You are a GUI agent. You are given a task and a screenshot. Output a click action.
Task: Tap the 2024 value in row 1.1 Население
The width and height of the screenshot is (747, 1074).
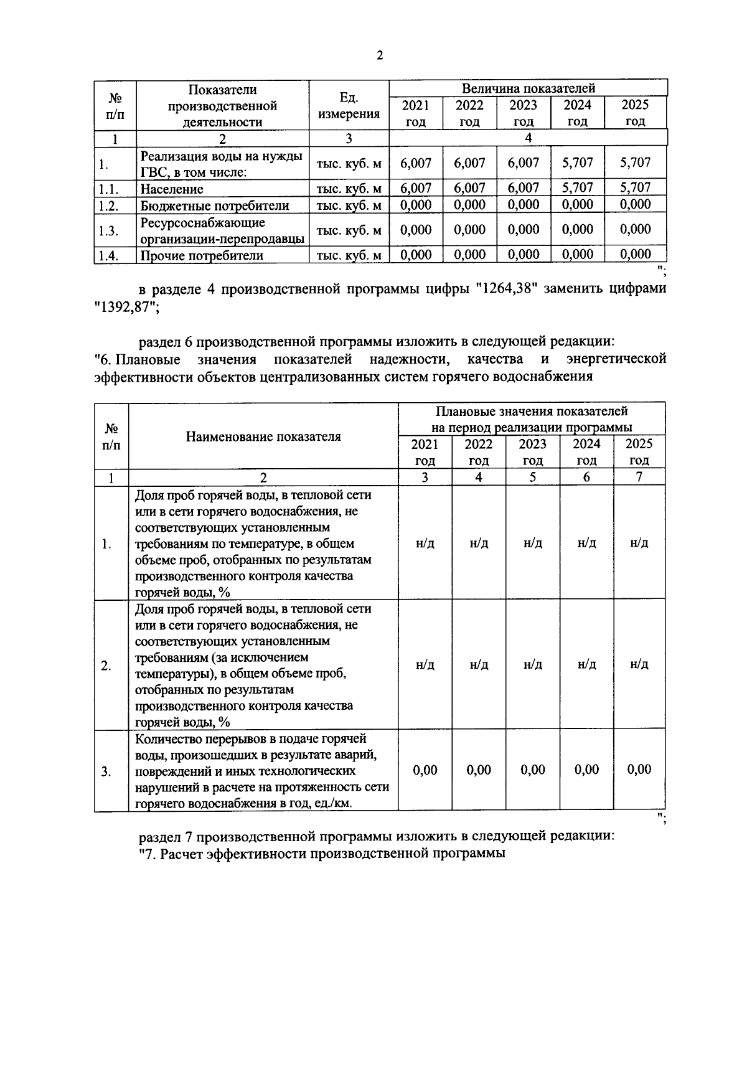[x=578, y=187]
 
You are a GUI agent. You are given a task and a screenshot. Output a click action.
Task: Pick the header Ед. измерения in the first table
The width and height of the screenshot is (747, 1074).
[x=349, y=105]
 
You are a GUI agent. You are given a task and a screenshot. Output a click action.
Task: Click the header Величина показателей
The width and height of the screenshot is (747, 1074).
[x=528, y=88]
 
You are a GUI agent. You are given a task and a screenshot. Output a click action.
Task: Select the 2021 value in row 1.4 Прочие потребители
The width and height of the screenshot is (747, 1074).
[x=416, y=254]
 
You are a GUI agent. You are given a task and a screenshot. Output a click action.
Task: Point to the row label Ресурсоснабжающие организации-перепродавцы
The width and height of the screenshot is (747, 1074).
[x=222, y=230]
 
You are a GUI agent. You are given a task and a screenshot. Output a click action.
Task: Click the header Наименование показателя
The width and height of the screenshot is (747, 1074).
[x=263, y=436]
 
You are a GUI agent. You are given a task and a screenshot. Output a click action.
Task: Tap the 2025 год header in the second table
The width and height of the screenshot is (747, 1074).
[x=639, y=452]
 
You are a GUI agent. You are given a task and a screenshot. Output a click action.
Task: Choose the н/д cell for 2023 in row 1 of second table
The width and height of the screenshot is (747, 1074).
[x=533, y=543]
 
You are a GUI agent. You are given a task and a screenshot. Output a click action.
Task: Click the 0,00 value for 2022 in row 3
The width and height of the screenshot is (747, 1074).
[x=479, y=770]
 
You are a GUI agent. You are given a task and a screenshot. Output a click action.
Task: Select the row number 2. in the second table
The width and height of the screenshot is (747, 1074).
[x=106, y=666]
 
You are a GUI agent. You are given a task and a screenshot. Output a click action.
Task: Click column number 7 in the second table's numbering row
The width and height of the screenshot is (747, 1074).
[x=639, y=477]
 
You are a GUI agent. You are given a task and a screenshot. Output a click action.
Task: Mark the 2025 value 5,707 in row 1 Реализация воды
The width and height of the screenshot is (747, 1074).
[x=636, y=163]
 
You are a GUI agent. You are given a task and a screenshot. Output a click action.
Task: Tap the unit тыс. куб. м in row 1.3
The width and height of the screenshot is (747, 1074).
[x=349, y=230]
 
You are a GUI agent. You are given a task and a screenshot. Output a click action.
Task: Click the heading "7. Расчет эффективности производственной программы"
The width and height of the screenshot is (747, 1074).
[x=322, y=854]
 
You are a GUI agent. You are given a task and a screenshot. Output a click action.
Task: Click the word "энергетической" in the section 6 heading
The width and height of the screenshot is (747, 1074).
[x=616, y=359]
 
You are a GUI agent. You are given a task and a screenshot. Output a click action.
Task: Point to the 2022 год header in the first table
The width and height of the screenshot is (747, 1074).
[x=469, y=113]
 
